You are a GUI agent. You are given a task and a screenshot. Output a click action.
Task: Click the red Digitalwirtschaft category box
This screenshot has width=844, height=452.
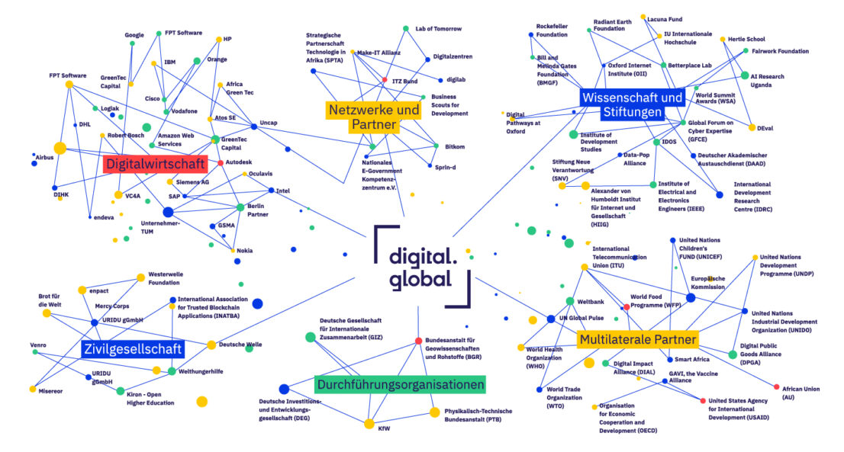pos(155,164)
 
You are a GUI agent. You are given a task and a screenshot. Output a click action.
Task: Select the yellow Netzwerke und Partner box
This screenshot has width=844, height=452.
pos(374,117)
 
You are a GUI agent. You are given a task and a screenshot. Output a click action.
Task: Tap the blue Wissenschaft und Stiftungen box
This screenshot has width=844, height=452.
pos(633,104)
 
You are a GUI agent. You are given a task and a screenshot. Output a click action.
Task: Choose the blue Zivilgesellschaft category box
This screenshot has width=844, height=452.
pos(133,349)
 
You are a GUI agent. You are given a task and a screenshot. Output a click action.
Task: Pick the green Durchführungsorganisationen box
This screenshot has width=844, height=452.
pos(400,384)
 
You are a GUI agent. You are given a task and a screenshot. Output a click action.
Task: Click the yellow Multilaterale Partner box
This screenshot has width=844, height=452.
pos(638,339)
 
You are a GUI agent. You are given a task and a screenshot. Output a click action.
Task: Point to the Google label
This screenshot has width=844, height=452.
pos(134,35)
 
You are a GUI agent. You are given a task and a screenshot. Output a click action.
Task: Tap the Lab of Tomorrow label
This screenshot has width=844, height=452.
pos(438,28)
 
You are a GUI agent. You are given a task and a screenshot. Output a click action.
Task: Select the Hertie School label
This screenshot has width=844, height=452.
pos(746,39)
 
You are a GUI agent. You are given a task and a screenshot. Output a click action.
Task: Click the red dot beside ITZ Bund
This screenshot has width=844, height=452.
pos(385,79)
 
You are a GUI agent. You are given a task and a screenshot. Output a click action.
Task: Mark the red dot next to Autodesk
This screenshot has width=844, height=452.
pos(220,162)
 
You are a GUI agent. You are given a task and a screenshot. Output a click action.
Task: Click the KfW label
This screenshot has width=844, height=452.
pos(384,428)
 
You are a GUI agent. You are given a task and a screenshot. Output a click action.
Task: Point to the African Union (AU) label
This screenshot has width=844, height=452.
pos(801,393)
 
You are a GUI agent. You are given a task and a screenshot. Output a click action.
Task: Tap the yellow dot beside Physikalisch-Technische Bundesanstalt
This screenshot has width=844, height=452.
pos(434,412)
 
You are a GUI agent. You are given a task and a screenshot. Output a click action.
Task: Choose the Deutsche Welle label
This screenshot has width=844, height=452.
pos(240,345)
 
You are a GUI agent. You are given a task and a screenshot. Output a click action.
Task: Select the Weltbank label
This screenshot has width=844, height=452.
pos(591,302)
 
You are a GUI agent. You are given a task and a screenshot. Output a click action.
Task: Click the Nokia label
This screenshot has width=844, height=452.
pos(244,251)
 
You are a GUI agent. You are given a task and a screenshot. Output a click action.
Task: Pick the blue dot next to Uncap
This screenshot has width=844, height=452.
pos(254,127)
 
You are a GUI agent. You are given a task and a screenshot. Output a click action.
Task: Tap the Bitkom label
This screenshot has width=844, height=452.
pos(455,146)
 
